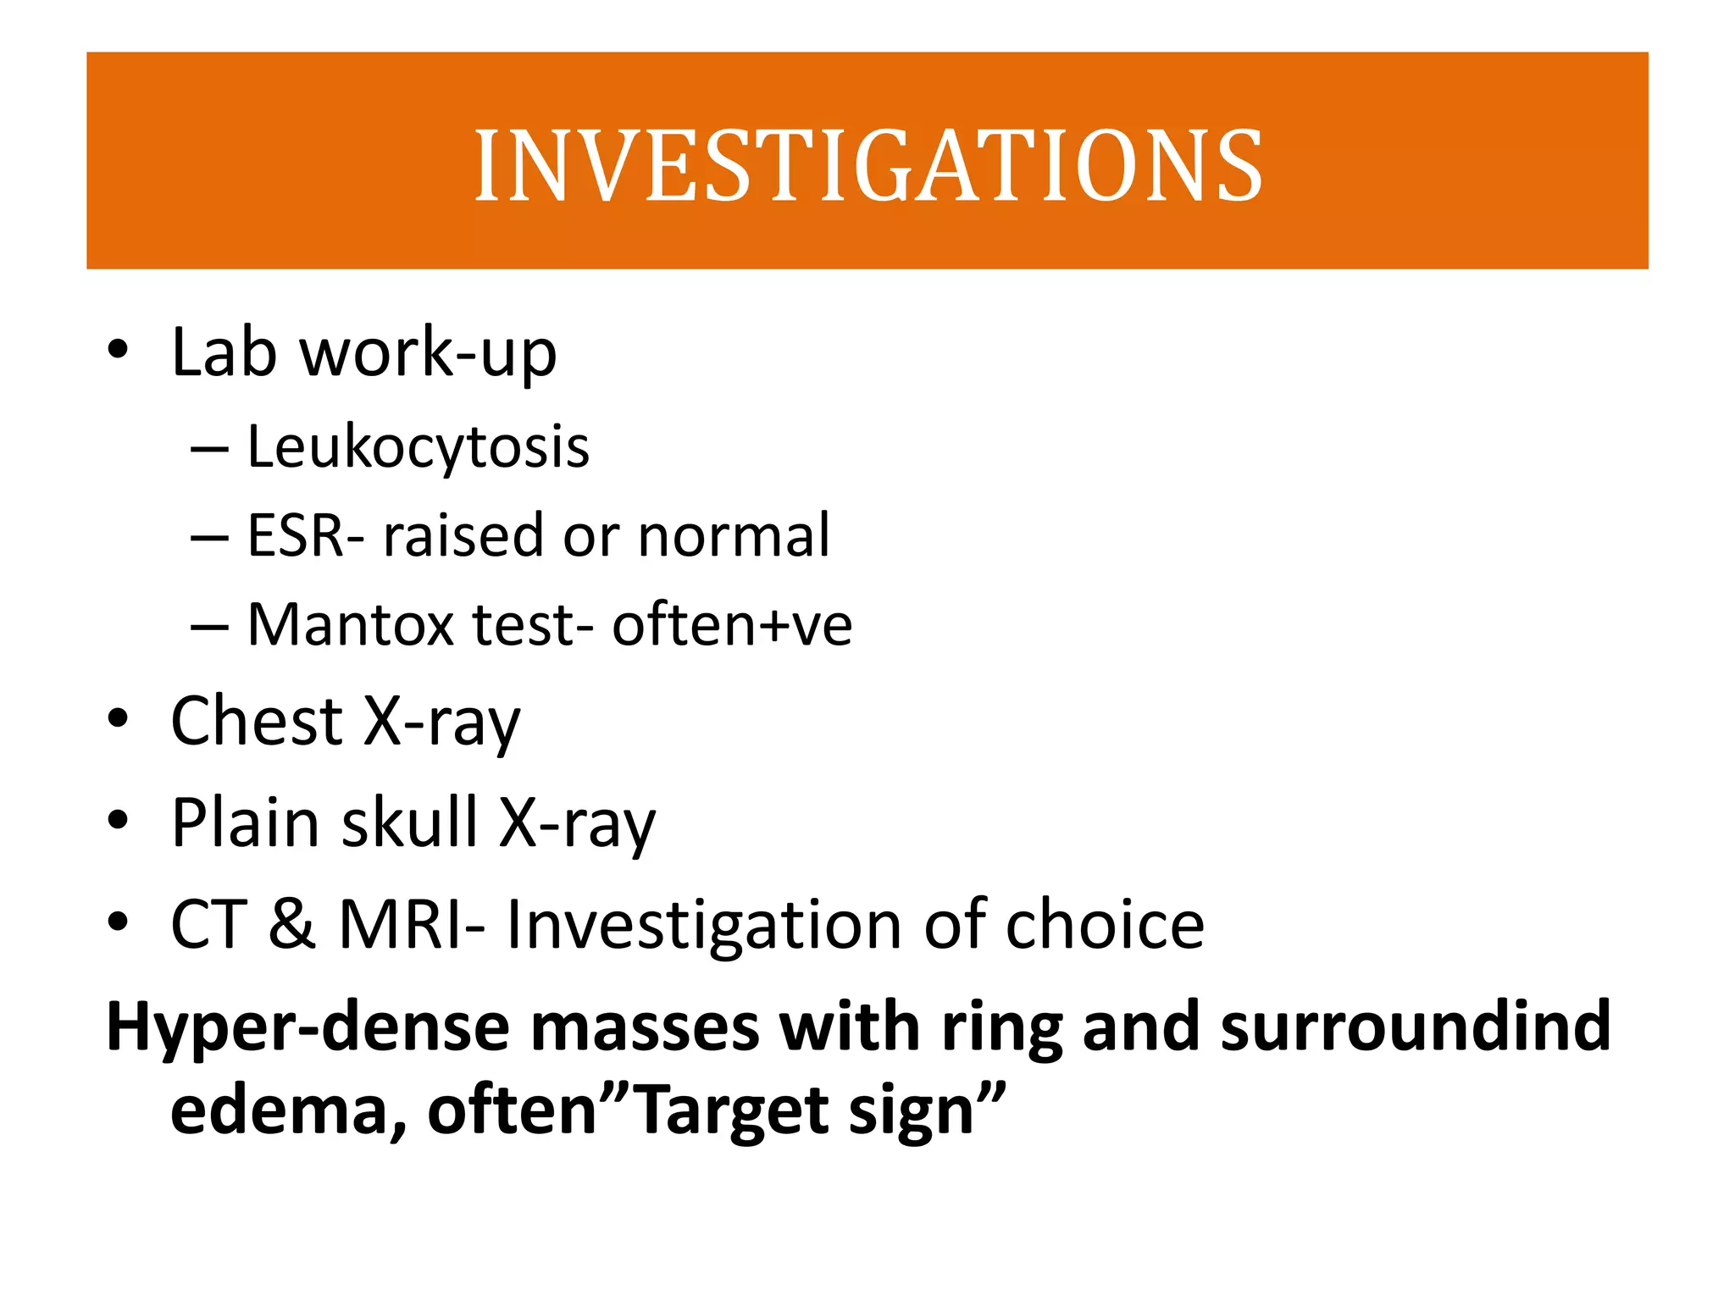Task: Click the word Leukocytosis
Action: [418, 446]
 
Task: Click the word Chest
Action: [257, 721]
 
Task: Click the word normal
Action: [733, 535]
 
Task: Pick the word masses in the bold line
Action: [645, 1027]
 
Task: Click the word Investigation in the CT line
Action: [704, 924]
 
